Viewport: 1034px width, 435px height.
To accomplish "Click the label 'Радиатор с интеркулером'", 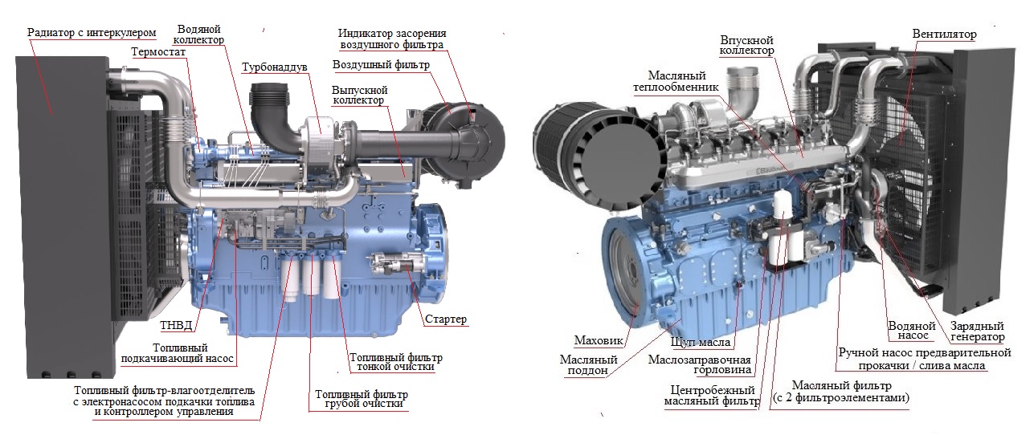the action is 92,33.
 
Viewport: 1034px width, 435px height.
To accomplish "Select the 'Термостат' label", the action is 157,51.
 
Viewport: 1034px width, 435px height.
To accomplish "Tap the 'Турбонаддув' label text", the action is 275,67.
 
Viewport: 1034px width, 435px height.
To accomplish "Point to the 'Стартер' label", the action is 445,319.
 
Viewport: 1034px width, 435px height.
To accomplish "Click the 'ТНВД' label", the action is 176,326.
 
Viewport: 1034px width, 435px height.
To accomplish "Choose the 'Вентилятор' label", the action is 945,35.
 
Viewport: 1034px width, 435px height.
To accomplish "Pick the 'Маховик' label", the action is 599,341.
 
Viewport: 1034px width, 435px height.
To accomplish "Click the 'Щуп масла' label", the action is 701,342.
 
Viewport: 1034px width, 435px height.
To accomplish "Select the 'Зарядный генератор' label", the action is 977,331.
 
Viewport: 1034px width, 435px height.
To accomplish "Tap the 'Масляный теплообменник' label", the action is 676,81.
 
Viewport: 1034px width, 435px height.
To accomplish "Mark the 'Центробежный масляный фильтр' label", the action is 712,396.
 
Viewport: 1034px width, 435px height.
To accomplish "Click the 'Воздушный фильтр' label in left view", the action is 382,65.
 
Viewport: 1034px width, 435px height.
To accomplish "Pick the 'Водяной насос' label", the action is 912,331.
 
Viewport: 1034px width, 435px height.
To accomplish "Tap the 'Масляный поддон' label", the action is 588,365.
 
